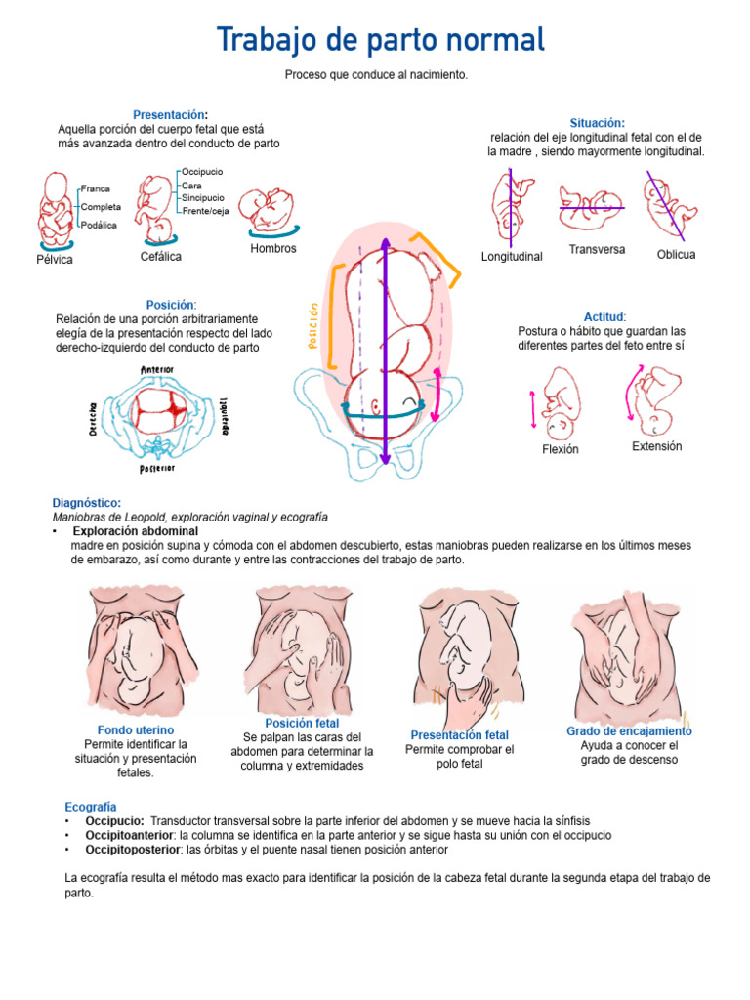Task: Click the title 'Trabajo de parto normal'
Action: [x=380, y=41]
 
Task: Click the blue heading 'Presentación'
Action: [x=169, y=114]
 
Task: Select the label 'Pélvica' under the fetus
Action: [x=55, y=260]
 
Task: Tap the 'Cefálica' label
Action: [x=160, y=256]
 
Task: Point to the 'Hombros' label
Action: [x=273, y=248]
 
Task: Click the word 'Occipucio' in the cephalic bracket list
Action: [x=202, y=172]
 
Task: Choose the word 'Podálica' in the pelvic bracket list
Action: [x=99, y=225]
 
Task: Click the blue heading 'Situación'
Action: [x=597, y=123]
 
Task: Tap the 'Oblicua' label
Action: [x=676, y=254]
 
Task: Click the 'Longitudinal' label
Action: [x=512, y=256]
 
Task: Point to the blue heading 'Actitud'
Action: [x=604, y=317]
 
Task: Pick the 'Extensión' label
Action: [x=656, y=446]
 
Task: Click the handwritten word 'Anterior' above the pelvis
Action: [x=156, y=370]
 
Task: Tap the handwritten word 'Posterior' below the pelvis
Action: [x=157, y=469]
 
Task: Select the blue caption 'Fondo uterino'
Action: [x=136, y=729]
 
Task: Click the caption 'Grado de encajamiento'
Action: [x=629, y=730]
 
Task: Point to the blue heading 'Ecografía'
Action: [x=90, y=807]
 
